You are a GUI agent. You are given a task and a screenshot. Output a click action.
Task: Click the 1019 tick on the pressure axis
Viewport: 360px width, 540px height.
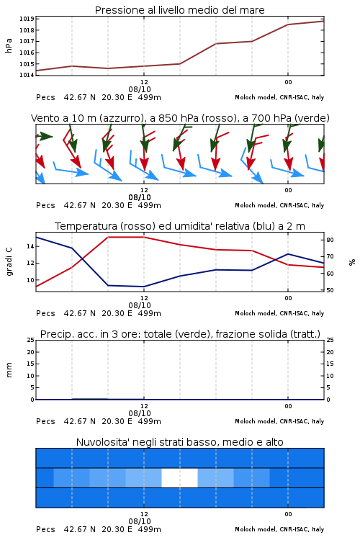coord(27,19)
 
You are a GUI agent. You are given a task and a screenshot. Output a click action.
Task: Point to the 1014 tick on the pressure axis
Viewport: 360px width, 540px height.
coord(27,75)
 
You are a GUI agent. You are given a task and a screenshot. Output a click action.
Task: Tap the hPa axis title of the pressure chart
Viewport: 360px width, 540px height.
coord(9,45)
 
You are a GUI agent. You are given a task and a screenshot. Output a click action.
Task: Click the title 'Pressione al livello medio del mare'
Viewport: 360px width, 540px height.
coord(180,10)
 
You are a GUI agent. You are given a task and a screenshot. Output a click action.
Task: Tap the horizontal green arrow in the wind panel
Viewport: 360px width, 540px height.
coord(44,136)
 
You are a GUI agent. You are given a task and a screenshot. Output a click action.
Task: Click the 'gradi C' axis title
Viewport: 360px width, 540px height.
coord(9,262)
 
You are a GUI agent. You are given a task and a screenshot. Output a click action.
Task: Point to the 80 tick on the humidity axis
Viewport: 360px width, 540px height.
coord(330,240)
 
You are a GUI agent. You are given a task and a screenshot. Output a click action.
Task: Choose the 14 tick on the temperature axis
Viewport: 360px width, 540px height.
coord(30,246)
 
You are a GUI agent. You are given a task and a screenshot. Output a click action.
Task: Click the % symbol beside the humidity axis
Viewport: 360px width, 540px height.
coord(352,262)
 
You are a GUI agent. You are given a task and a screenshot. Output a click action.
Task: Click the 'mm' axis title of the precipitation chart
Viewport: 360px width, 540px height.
coord(9,370)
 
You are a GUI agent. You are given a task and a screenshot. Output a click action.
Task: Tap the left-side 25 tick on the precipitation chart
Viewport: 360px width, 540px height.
coord(31,340)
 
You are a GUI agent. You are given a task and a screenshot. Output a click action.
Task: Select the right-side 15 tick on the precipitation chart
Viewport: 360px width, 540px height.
coord(330,364)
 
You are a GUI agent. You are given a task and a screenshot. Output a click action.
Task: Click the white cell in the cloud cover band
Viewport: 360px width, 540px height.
coord(179,477)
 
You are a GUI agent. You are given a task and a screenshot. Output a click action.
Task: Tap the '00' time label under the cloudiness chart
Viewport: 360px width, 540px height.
coord(288,514)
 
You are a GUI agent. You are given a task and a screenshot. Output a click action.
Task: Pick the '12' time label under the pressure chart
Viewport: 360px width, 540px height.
coord(144,82)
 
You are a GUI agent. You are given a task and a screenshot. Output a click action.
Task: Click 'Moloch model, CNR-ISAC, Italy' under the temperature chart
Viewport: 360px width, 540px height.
coord(279,313)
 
